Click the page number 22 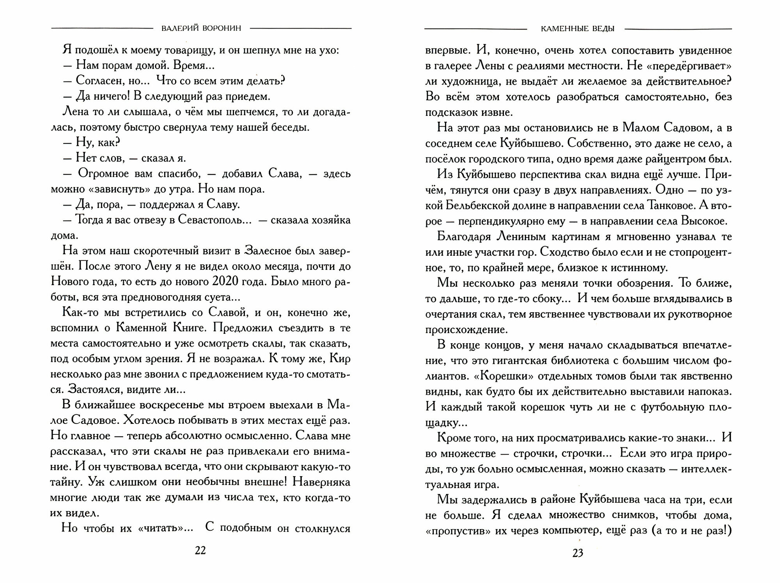click(200, 550)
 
